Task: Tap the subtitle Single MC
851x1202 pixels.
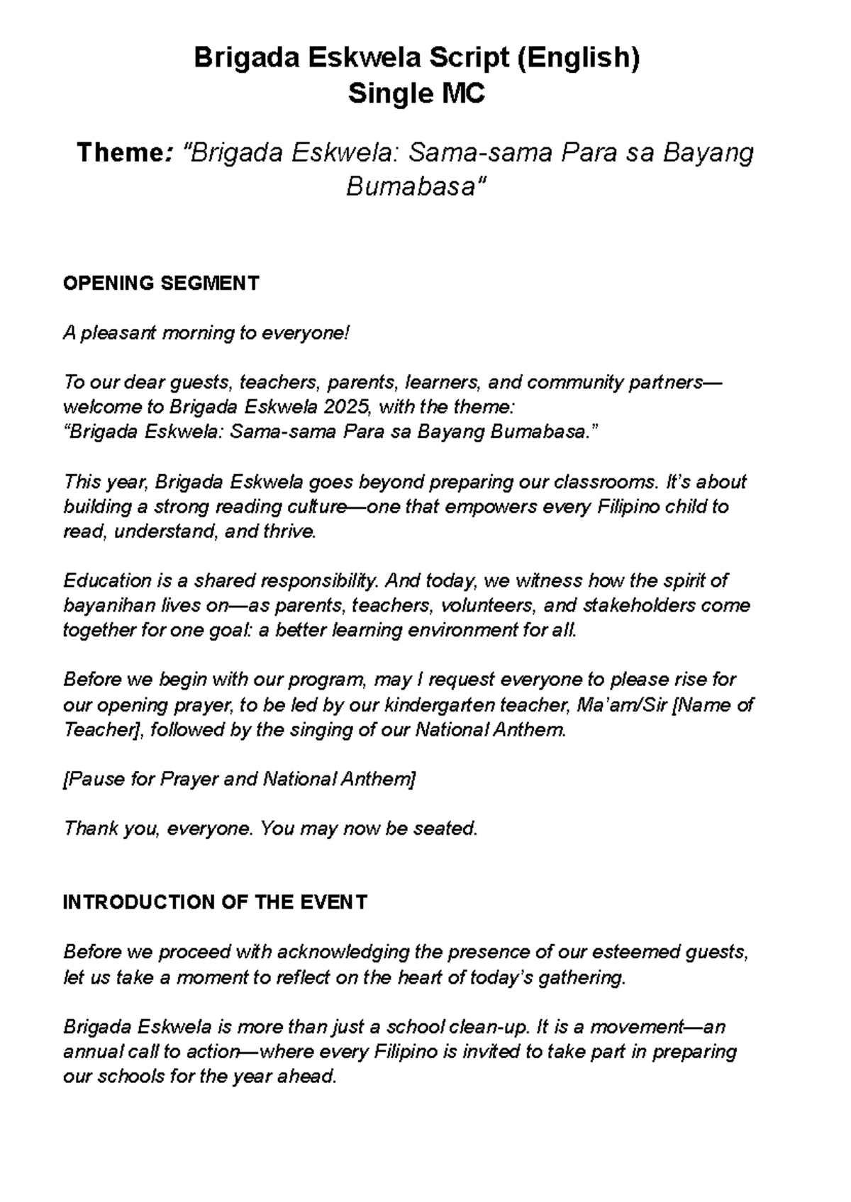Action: tap(416, 94)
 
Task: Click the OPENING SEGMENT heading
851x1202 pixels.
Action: tap(161, 283)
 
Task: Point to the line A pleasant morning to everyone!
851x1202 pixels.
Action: tap(206, 333)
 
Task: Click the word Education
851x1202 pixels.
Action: tap(106, 581)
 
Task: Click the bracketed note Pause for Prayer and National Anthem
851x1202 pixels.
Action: tap(239, 780)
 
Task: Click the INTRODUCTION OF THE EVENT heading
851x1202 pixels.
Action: tap(215, 902)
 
